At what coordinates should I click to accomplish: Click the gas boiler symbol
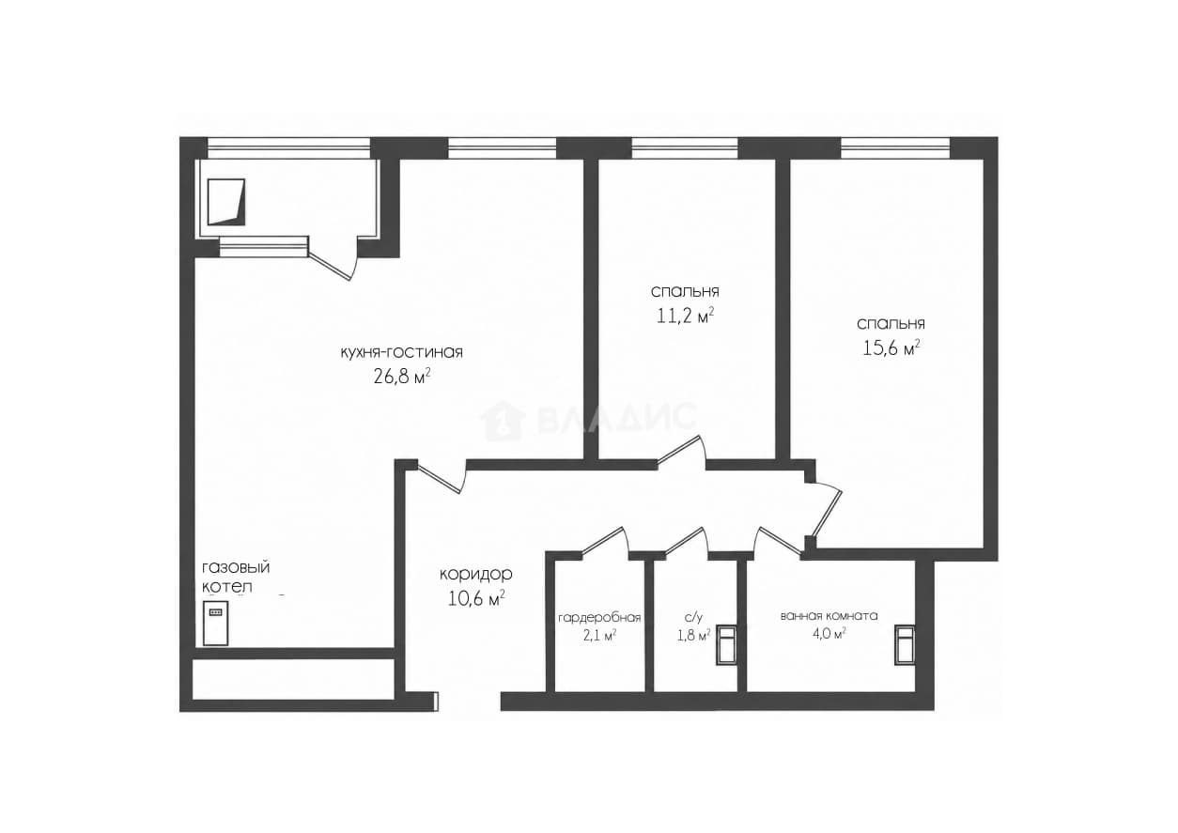point(216,623)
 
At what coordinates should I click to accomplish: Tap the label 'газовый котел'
point(236,577)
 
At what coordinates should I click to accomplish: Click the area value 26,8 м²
point(402,377)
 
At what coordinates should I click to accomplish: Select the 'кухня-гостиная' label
point(402,352)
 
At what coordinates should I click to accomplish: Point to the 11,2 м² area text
point(685,316)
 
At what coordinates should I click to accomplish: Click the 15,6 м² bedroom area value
point(891,347)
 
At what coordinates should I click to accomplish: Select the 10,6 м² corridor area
point(476,598)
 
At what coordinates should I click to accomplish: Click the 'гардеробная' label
point(599,617)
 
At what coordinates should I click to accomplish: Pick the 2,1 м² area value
point(599,636)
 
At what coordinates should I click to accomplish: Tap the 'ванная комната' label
point(829,616)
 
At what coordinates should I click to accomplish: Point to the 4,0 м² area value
point(829,633)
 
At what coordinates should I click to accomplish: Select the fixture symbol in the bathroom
point(905,645)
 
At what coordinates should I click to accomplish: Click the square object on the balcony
point(226,202)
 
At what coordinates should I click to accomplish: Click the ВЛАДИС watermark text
point(588,420)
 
